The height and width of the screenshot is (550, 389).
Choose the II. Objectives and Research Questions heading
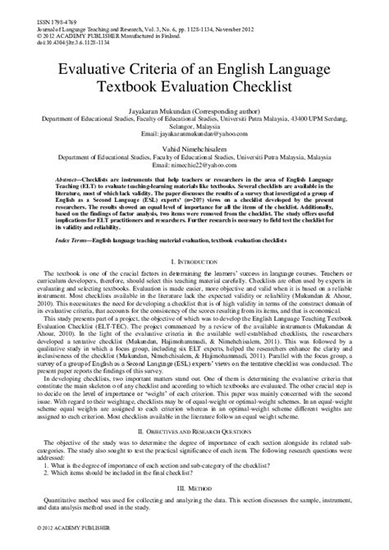(194, 453)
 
